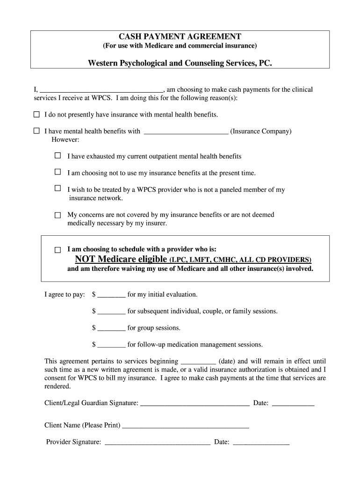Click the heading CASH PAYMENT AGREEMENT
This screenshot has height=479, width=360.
pyautogui.click(x=180, y=36)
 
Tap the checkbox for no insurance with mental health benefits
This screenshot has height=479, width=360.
pyautogui.click(x=36, y=114)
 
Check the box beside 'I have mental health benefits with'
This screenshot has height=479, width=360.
pyautogui.click(x=36, y=131)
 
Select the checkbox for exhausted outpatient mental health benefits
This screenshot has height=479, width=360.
pyautogui.click(x=58, y=155)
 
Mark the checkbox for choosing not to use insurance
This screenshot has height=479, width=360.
pyautogui.click(x=58, y=172)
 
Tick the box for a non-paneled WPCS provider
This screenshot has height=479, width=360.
pyautogui.click(x=58, y=189)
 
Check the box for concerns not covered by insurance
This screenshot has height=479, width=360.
pyautogui.click(x=58, y=215)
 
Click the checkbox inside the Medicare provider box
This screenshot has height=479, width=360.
pyautogui.click(x=58, y=250)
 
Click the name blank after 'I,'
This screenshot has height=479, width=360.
pyautogui.click(x=101, y=90)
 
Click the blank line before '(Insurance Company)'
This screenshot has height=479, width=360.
pyautogui.click(x=186, y=132)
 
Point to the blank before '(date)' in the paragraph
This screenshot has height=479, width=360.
pyautogui.click(x=198, y=362)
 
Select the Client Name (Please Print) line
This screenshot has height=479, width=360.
pyautogui.click(x=185, y=426)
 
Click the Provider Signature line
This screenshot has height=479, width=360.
pyautogui.click(x=157, y=442)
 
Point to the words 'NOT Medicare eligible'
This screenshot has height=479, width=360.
pyautogui.click(x=121, y=259)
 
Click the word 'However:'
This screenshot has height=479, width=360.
pyautogui.click(x=65, y=140)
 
